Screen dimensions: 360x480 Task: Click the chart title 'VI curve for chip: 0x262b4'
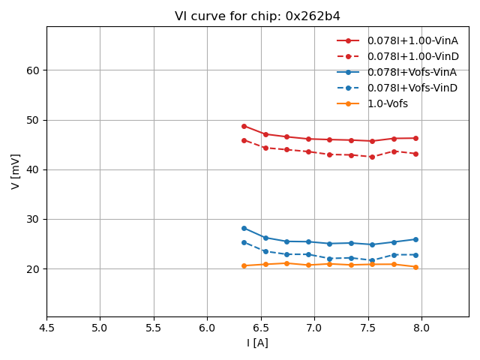pos(256,16)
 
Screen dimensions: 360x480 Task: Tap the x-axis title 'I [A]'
pos(257,343)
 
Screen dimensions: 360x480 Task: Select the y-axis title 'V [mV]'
pos(16,171)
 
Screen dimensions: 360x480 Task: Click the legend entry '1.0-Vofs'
pos(387,103)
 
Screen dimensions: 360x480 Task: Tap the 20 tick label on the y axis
pos(34,269)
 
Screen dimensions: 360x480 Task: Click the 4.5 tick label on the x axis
pos(46,328)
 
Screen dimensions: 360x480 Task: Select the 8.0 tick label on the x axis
pos(421,328)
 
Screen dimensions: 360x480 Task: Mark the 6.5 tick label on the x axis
pos(261,328)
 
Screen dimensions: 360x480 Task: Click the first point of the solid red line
pos(244,126)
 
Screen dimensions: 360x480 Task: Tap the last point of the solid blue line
pos(415,239)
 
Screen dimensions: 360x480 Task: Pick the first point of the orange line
pos(244,265)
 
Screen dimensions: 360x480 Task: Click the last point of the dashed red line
pos(415,154)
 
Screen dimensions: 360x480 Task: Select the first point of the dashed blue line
pos(244,242)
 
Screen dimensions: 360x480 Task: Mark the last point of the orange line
pos(415,267)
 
